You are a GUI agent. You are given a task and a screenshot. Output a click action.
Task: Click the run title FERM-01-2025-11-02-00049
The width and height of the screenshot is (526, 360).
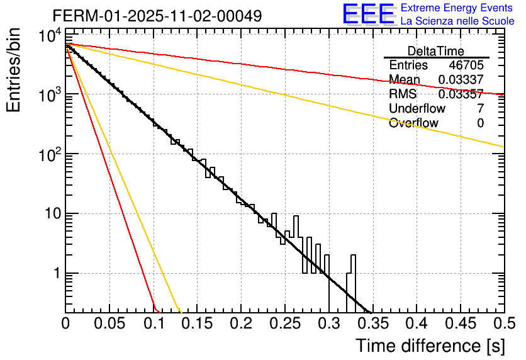coord(157,15)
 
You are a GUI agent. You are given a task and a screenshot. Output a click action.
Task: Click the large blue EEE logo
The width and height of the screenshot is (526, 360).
coord(368,14)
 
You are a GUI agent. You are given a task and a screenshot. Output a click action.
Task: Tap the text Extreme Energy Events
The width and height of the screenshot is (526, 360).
coord(457,8)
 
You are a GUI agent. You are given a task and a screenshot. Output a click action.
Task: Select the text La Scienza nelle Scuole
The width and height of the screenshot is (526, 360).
coord(457,21)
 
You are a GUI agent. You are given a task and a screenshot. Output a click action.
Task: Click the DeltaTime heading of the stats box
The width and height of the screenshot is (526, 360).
coord(435,51)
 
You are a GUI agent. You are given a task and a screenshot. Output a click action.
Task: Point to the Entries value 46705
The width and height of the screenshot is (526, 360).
coord(466,65)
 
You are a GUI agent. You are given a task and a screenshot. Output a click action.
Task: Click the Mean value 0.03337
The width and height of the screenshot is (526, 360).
coord(461,80)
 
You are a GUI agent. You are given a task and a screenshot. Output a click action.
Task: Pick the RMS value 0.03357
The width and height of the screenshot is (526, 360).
coord(461,94)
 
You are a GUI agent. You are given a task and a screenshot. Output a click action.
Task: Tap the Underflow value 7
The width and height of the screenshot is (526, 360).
coord(480,109)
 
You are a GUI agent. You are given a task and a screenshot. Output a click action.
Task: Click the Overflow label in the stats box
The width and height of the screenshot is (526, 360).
coord(413,123)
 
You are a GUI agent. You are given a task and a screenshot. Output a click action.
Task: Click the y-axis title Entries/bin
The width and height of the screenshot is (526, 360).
coord(14,70)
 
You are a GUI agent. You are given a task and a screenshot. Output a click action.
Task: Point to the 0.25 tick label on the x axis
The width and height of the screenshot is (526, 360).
coord(284,324)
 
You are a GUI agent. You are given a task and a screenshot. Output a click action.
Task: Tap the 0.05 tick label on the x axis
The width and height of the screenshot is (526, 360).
coord(109,324)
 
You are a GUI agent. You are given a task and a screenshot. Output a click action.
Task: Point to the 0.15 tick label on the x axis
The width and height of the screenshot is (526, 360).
coord(197,324)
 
